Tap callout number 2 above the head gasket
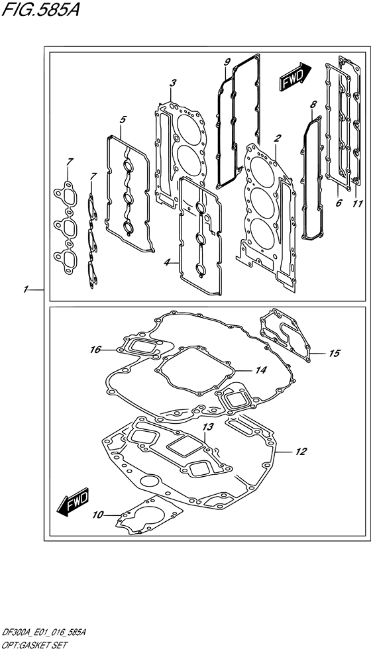coord(278,138)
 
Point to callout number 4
coord(123,119)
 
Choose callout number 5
coord(338,203)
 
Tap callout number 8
coord(313,104)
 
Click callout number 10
coord(99,514)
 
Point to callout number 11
coord(358,203)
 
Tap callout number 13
coord(207,427)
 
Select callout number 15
coord(334,353)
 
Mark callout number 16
coord(95,348)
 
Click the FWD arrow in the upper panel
coord(292,79)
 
